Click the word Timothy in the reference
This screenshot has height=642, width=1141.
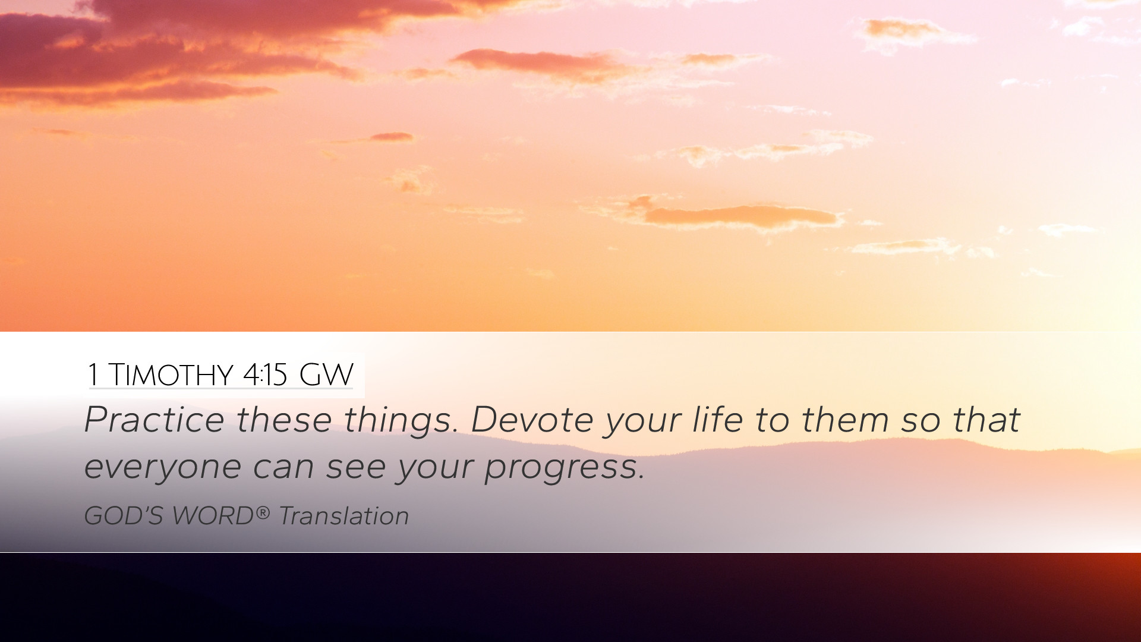[171, 375]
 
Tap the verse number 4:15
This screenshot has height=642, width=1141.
[265, 375]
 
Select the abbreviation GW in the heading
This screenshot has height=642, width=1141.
[326, 375]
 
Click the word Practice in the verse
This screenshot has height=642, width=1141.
[154, 420]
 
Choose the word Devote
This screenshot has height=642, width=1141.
[532, 420]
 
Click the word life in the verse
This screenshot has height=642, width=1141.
[718, 420]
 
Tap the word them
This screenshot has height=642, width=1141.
[845, 420]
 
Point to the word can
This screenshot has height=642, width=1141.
[283, 467]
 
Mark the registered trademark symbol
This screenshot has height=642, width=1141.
[263, 512]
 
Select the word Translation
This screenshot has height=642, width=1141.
[344, 516]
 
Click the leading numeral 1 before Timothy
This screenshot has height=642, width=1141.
[93, 375]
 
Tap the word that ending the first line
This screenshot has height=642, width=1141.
[986, 420]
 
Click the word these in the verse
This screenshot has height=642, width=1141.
[284, 420]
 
